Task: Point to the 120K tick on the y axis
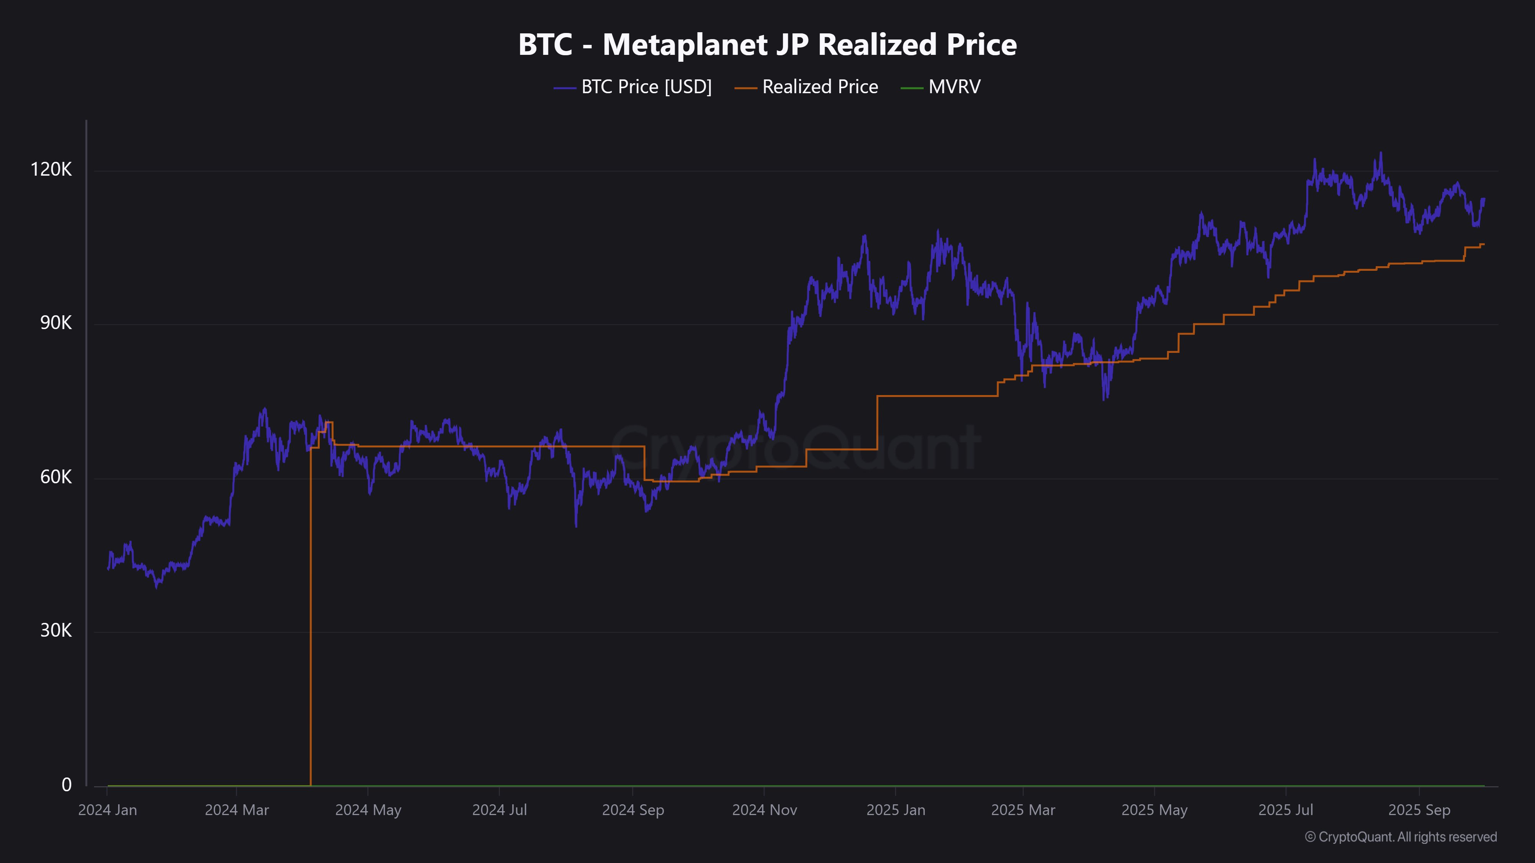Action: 51,170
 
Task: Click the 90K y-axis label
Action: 56,323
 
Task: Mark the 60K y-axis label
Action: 56,477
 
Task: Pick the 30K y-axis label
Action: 56,631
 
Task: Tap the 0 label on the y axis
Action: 67,785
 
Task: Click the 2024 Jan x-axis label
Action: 108,810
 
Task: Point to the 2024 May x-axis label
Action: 368,810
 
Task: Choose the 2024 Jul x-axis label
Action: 499,810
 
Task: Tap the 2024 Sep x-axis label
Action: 633,810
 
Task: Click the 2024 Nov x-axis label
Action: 764,810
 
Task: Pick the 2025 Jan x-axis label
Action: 896,810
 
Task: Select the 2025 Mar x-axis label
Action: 1023,810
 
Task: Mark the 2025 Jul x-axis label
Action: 1286,810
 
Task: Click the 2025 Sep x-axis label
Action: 1419,810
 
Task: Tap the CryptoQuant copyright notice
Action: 1400,837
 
